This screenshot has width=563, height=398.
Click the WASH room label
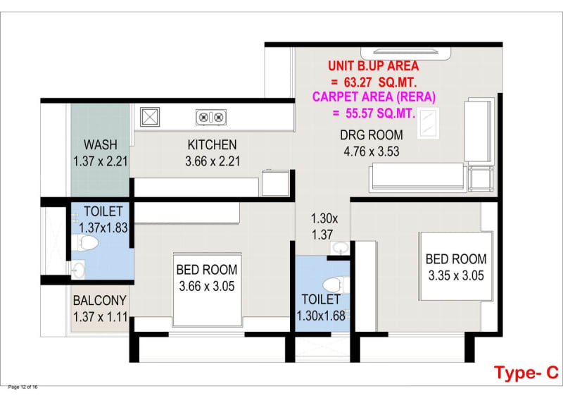pos(101,144)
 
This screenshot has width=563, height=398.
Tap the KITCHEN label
pos(213,144)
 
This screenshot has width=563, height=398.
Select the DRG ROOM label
pos(372,135)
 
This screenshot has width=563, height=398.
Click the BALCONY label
pos(99,300)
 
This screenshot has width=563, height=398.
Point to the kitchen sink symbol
pos(150,117)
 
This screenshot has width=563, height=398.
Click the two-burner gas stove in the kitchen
pos(211,117)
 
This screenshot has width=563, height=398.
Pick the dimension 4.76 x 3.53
pos(372,151)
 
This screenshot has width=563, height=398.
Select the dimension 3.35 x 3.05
pos(456,275)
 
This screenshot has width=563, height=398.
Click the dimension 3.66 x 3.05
pos(207,286)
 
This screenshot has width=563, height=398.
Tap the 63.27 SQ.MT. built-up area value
pos(380,82)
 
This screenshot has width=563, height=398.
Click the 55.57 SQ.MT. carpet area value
pos(381,113)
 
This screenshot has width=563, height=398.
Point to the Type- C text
pos(526,373)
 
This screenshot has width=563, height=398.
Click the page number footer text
pos(23,387)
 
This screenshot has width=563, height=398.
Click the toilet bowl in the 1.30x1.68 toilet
pos(336,285)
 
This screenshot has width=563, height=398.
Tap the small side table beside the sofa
pos(481,179)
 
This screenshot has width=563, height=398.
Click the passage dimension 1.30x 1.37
pos(324,227)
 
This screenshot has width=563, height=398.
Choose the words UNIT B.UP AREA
pos(374,66)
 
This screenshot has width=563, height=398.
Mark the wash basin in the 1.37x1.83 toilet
pos(78,270)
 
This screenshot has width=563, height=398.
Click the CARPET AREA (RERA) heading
pos(374,97)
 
